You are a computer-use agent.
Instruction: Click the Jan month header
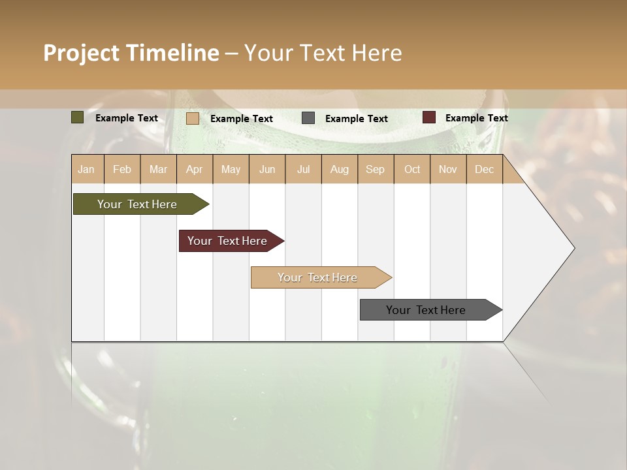(86, 169)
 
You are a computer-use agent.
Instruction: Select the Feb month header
(122, 169)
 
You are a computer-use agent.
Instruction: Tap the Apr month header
(195, 169)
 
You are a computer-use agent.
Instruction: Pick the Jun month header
(267, 169)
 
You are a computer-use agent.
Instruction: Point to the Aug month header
(340, 169)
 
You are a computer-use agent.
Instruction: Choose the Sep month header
(376, 169)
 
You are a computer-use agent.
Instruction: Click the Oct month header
(412, 169)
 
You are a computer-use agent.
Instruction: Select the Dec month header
(485, 169)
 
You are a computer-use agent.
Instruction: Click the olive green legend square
(78, 117)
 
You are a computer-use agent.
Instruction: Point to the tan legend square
(193, 118)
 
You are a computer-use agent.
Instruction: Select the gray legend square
(308, 118)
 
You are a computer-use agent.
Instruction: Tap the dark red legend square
(429, 117)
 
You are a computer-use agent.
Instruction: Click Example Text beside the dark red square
(476, 118)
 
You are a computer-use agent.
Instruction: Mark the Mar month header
(158, 169)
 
